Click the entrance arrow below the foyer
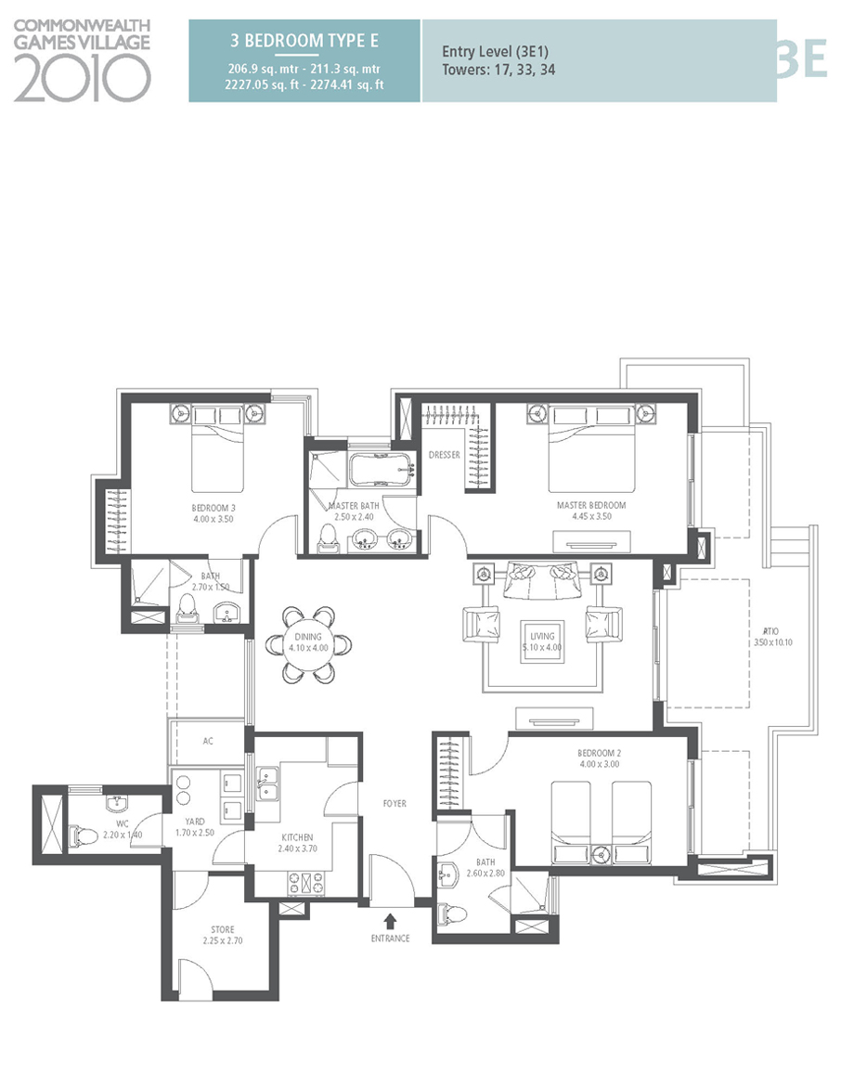coord(390,921)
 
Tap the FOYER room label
coord(394,804)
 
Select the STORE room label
coord(222,929)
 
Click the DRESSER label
coord(445,455)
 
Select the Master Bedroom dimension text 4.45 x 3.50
coord(591,517)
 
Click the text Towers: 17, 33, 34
coord(498,70)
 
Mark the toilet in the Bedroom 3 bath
coord(188,609)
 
